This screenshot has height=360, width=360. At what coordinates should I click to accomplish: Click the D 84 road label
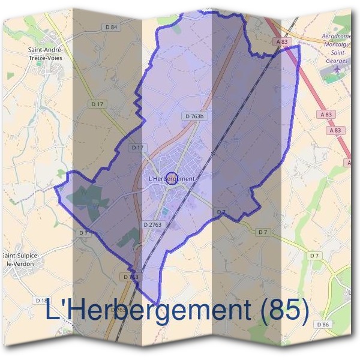pyautogui.click(x=111, y=26)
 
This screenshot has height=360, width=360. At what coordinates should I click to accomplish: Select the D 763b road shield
pyautogui.click(x=194, y=116)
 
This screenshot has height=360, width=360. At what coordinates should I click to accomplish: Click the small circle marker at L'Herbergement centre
pyautogui.click(x=171, y=178)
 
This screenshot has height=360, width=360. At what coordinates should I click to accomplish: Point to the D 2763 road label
pyautogui.click(x=153, y=224)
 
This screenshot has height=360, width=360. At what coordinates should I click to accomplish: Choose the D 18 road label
pyautogui.click(x=41, y=300)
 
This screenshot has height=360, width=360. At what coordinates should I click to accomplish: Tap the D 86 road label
pyautogui.click(x=322, y=324)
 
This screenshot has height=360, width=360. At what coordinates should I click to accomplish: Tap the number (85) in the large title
pyautogui.click(x=285, y=311)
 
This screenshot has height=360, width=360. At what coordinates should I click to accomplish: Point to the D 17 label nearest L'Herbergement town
pyautogui.click(x=137, y=148)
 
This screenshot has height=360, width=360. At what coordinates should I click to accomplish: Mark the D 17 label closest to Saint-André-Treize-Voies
pyautogui.click(x=97, y=104)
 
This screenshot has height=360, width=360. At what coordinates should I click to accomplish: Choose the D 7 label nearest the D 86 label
pyautogui.click(x=314, y=256)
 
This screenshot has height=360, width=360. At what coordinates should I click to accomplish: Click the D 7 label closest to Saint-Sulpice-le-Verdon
pyautogui.click(x=83, y=232)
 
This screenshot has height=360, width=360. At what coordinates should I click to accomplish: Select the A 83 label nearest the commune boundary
pyautogui.click(x=283, y=42)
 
